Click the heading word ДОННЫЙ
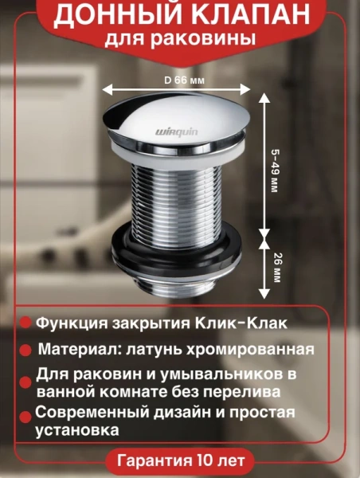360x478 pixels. point(109,18)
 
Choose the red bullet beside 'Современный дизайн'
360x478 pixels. point(25,413)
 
